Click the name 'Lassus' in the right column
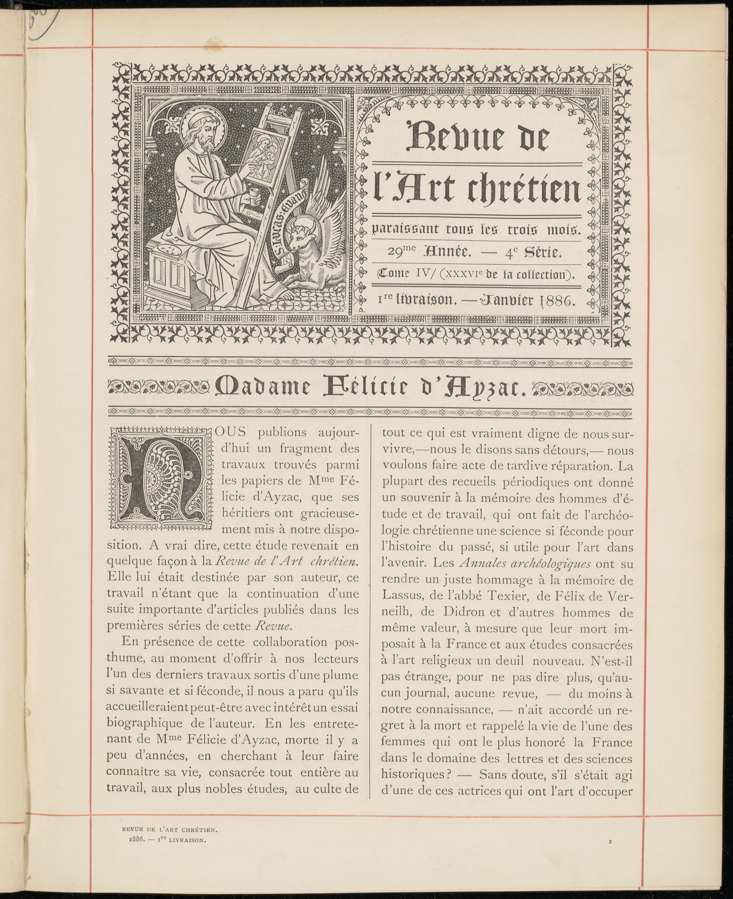click(x=403, y=596)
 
